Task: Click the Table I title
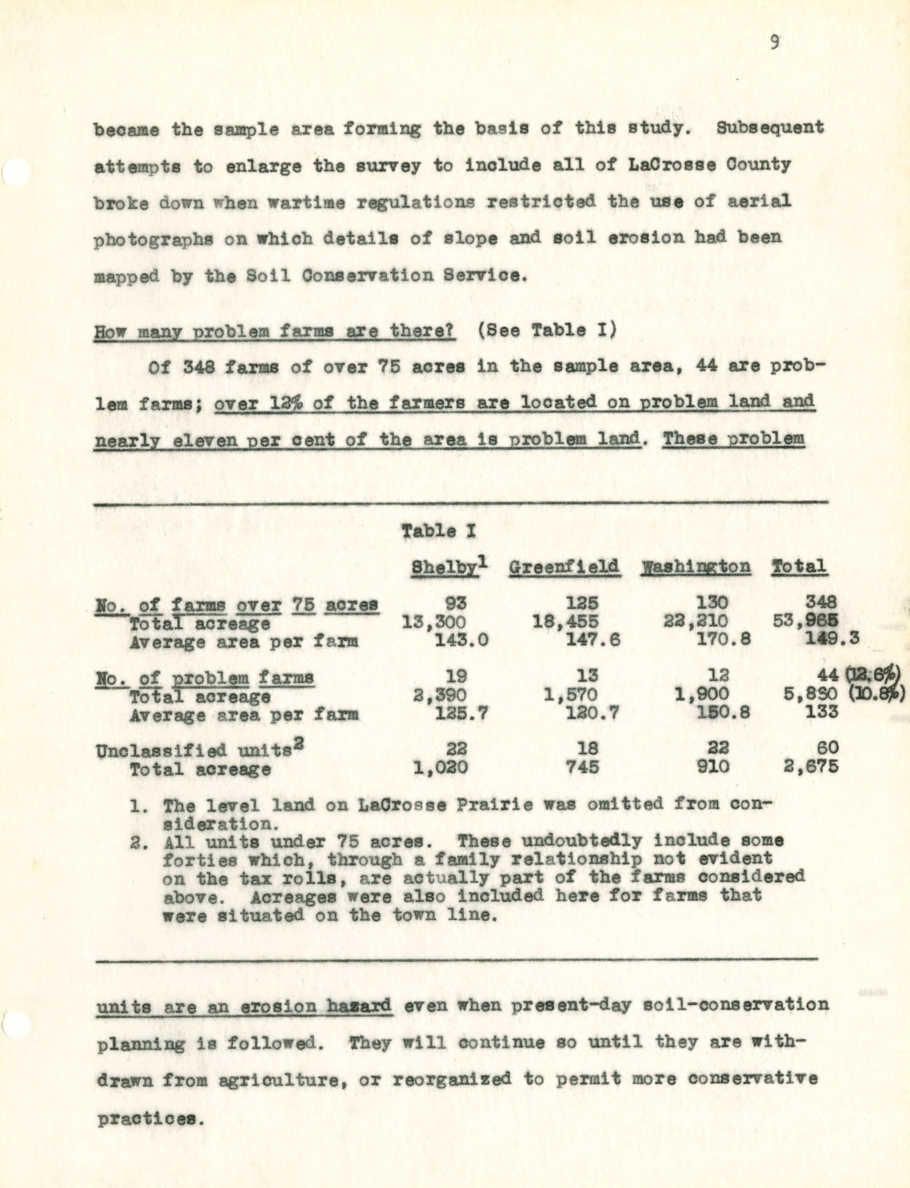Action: (438, 531)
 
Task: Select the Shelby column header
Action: (445, 567)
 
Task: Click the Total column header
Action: (799, 567)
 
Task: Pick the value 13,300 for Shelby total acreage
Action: (434, 622)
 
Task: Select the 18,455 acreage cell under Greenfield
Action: (566, 622)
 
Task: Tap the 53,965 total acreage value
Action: (806, 622)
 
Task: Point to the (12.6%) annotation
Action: (873, 675)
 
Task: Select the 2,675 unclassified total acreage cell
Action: (811, 766)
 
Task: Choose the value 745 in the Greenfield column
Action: (582, 766)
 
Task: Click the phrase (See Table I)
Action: (547, 330)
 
